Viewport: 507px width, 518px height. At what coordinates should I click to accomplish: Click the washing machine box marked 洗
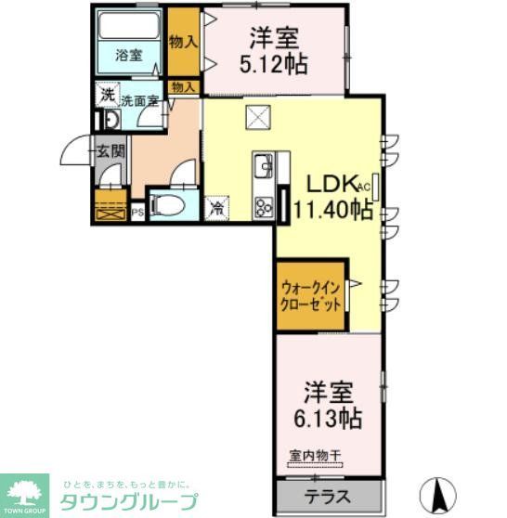point(108,95)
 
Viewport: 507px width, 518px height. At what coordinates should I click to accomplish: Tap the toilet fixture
point(168,205)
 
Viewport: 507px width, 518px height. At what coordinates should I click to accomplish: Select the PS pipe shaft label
point(138,213)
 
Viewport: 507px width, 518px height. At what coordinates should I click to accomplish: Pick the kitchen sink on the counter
point(262,168)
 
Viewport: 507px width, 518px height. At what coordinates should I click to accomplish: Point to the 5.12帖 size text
point(272,65)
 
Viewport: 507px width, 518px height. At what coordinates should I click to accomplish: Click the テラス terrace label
point(328,497)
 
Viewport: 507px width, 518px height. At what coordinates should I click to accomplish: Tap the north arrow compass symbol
point(441,489)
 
